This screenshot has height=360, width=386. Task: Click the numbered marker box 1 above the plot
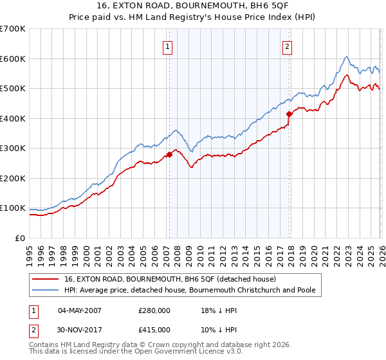pyautogui.click(x=168, y=46)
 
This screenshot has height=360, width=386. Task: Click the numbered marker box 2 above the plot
pyautogui.click(x=287, y=46)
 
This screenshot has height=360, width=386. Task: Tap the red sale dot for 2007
pyautogui.click(x=169, y=154)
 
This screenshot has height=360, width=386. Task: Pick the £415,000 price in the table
pyautogui.click(x=154, y=330)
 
